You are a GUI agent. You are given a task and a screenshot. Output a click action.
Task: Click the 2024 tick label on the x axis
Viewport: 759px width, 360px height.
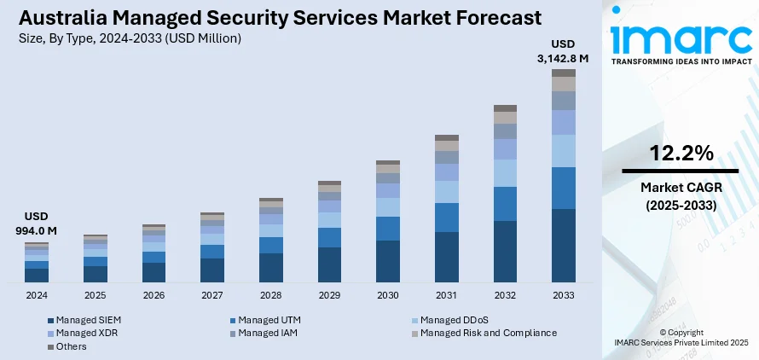[x=37, y=294]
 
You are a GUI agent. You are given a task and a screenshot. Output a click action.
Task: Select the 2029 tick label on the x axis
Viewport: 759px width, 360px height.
[x=329, y=294]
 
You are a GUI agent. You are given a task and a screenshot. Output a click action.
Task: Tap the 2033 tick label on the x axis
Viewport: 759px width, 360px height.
[x=563, y=294]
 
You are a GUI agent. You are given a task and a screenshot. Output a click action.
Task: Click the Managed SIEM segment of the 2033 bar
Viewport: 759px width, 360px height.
[x=563, y=245]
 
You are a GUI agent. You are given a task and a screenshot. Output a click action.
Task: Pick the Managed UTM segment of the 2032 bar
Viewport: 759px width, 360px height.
[x=505, y=204]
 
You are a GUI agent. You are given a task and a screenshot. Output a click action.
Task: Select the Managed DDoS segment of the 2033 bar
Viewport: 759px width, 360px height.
[x=563, y=151]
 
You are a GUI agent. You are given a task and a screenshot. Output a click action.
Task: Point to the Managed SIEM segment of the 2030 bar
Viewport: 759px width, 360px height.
[x=388, y=261]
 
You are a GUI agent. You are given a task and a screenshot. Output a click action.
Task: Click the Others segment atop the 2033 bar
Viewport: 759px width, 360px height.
[x=563, y=73]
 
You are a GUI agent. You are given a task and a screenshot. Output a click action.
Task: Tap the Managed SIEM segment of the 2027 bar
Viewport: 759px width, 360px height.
[x=212, y=270]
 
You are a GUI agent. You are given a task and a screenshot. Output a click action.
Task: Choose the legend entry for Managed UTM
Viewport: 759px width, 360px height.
[x=269, y=320]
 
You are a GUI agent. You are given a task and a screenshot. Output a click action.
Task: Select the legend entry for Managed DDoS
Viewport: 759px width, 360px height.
[x=452, y=320]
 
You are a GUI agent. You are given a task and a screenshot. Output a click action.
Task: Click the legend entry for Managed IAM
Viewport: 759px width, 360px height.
[x=269, y=333]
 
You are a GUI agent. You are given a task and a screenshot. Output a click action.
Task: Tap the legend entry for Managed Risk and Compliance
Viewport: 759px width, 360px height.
[x=488, y=333]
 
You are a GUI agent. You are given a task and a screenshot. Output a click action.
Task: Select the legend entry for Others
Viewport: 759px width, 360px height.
[x=73, y=346]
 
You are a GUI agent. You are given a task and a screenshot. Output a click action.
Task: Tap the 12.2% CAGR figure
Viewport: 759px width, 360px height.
[x=681, y=154]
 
